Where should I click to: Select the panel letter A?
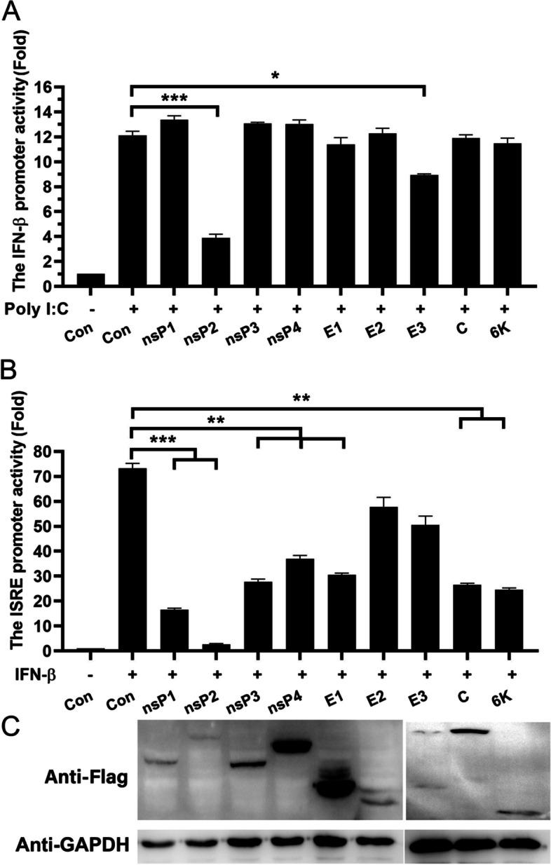coord(13,13)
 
